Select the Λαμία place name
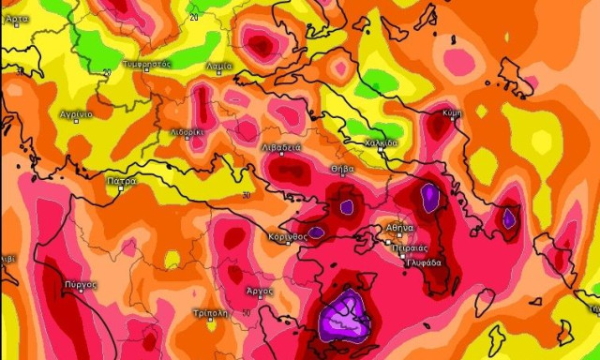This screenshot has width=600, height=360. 219,66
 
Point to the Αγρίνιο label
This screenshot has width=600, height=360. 76,114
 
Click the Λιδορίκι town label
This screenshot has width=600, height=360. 187,132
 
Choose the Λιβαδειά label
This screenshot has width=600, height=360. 281,148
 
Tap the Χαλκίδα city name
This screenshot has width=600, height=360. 382,143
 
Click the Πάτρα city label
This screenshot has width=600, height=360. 122,180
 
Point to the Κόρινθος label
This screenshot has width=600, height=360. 288,237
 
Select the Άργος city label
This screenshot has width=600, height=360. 260,292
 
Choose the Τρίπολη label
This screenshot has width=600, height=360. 209,312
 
